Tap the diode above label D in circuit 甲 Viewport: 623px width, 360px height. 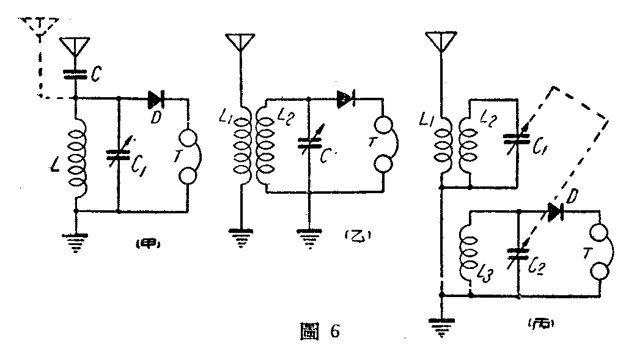click(153, 98)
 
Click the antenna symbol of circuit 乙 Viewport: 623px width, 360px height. click(240, 43)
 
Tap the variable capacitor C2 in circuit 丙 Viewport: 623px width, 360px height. click(518, 253)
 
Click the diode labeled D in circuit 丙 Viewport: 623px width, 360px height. click(555, 213)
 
